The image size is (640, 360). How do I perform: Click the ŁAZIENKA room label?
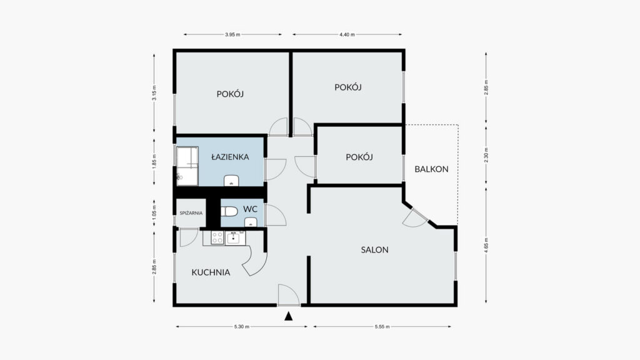pos(230,157)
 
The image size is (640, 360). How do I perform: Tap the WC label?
pos(250,209)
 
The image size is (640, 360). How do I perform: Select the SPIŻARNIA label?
pos(191,213)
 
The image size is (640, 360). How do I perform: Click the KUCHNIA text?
pos(211,272)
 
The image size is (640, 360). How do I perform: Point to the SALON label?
pos(374,250)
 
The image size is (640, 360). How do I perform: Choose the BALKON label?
pos(431,169)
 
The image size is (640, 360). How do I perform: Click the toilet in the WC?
pos(229,211)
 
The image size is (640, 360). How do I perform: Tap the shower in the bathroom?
pos(187,166)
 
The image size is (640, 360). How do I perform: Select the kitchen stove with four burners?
pos(217,237)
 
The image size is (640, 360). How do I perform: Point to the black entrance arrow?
pos(289,316)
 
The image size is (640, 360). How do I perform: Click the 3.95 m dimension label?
pos(232,35)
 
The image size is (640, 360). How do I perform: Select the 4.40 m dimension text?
pos(347,35)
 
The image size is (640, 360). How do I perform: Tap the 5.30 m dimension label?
pos(242,326)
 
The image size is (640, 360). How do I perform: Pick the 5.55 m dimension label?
pos(382,326)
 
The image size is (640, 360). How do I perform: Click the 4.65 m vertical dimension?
pos(486,245)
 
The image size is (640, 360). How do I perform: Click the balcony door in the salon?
pos(415,218)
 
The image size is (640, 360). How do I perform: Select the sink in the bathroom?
pos(231,181)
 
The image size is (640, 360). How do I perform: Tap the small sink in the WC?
pos(251,222)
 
